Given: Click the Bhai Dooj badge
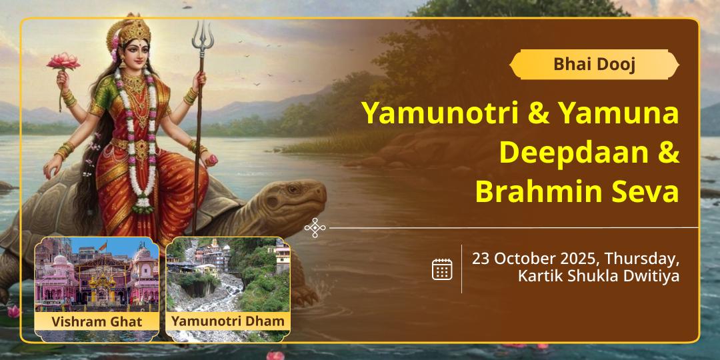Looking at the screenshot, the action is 594,64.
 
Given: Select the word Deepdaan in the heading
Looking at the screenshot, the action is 567,153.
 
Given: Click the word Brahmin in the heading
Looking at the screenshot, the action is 535,193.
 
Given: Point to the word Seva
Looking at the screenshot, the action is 640,193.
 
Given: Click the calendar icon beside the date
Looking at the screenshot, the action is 442,269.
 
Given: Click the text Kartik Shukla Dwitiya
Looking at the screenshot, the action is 599,277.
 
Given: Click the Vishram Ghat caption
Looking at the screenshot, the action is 97,321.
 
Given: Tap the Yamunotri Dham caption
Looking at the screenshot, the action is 228,321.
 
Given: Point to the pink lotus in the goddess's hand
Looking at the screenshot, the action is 63,61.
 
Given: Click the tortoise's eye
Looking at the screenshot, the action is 293,188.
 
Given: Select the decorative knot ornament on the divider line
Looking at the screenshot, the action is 315,228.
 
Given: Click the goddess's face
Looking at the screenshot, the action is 137,53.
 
